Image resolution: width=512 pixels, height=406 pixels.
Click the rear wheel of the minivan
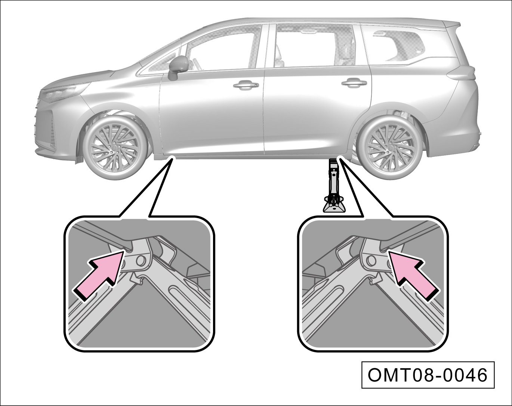(391, 149)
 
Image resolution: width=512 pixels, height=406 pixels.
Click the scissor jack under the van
(334, 186)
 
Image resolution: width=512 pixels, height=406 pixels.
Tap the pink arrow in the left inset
(99, 276)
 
